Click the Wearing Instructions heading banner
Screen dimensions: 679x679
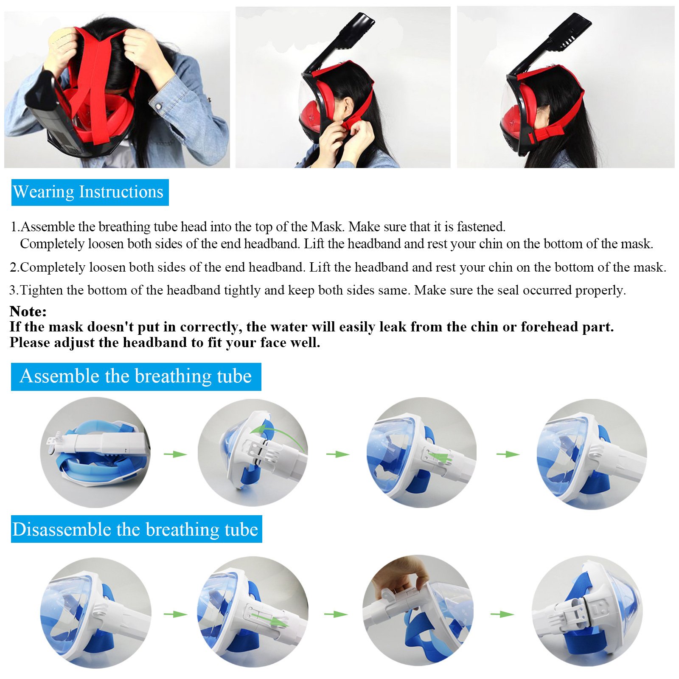pyautogui.click(x=90, y=192)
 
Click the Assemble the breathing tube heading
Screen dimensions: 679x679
pyautogui.click(x=136, y=376)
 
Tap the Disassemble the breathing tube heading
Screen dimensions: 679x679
pyautogui.click(x=136, y=529)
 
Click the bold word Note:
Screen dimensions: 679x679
pyautogui.click(x=28, y=311)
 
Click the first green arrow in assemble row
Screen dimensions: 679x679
pyautogui.click(x=175, y=454)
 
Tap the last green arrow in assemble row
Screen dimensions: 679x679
pyautogui.click(x=508, y=454)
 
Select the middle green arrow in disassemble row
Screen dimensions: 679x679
pyautogui.click(x=336, y=614)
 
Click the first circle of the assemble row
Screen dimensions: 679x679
pyautogui.click(x=95, y=452)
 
